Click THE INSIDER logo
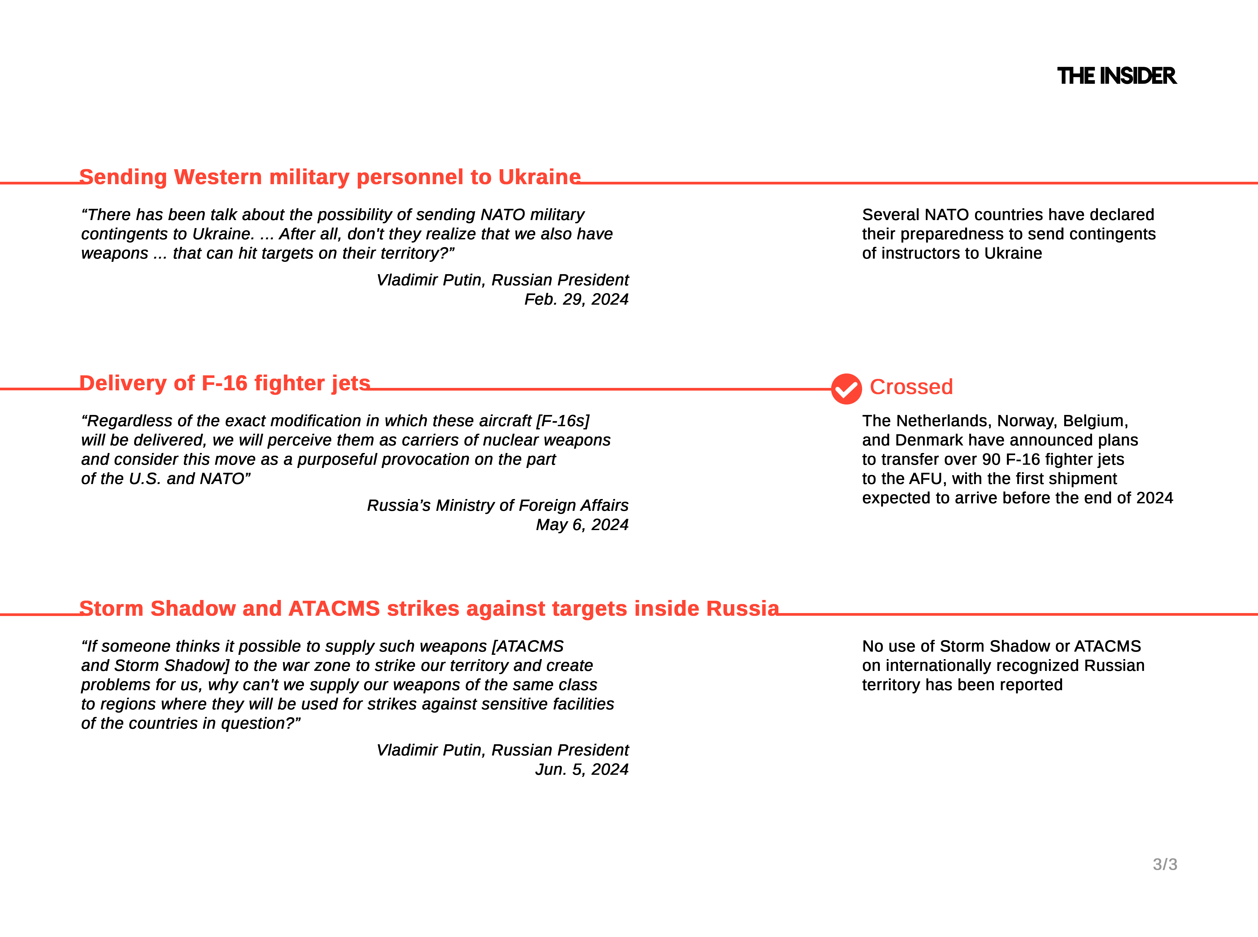[x=1116, y=76]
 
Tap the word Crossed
[x=911, y=387]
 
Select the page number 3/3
[x=1165, y=864]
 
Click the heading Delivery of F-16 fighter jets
[x=225, y=383]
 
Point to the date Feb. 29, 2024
[x=576, y=300]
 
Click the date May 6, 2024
[x=582, y=525]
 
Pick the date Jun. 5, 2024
[x=582, y=770]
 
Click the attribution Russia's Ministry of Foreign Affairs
[x=497, y=505]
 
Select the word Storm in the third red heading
[x=111, y=609]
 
